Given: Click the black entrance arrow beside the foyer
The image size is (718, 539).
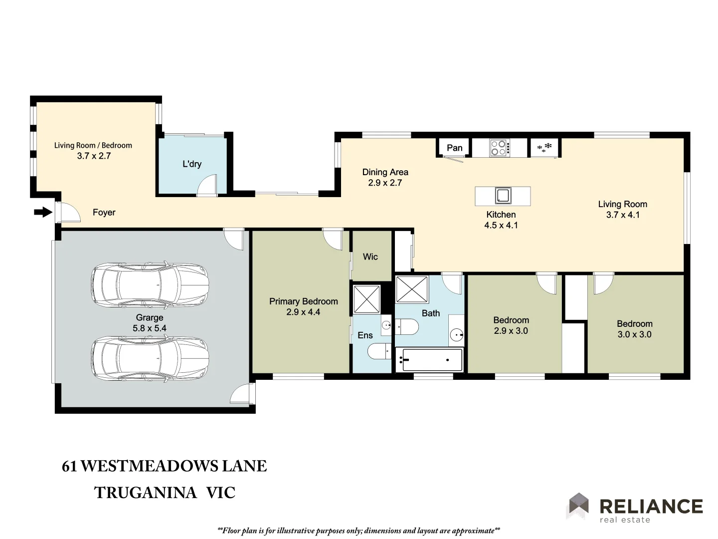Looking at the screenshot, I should [x=43, y=213].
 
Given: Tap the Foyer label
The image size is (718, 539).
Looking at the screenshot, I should [x=104, y=213].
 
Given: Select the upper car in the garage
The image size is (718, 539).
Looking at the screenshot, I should [x=150, y=285].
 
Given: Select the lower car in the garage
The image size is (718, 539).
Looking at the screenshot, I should [x=150, y=358].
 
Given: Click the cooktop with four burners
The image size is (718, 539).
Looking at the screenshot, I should [x=499, y=148].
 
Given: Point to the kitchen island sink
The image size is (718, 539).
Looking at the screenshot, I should [x=503, y=196].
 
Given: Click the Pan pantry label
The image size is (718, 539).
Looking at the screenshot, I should [x=454, y=148].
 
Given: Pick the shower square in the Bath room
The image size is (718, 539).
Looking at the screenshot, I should [x=412, y=289].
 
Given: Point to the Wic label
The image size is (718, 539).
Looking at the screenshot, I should [x=370, y=257].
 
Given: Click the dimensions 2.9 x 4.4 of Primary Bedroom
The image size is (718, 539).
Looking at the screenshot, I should [x=303, y=312].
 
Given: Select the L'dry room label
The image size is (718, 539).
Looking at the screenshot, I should [x=192, y=164].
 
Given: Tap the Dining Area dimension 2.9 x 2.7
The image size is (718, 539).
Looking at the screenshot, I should [x=385, y=183].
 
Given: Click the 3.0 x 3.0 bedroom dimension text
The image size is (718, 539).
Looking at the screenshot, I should [x=634, y=334].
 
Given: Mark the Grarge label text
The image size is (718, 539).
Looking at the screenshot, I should [x=150, y=317].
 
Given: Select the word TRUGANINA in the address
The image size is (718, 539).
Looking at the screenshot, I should [x=146, y=493].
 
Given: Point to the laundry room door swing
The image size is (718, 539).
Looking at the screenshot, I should [x=208, y=185].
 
